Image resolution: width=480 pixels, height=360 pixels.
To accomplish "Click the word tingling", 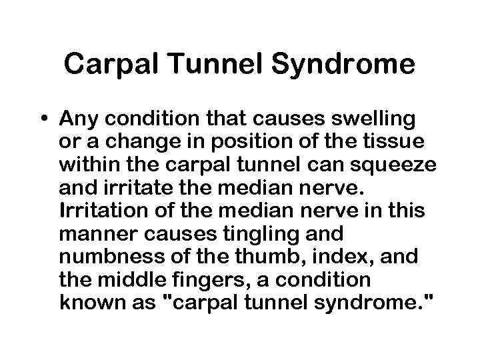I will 233,235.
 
